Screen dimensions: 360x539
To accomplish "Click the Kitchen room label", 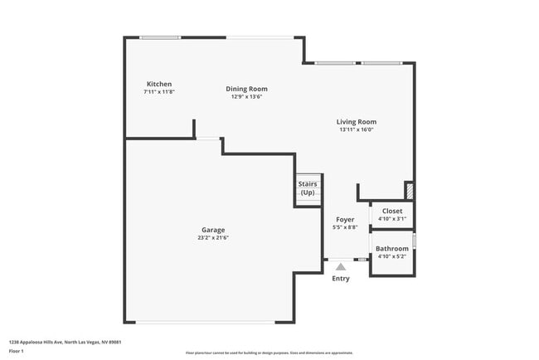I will click(159, 84).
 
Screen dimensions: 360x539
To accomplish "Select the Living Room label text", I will click(357, 122).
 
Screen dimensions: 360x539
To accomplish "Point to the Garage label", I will click(213, 230).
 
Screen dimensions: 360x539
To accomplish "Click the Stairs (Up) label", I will click(308, 188).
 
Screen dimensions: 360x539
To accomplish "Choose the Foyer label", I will click(344, 220).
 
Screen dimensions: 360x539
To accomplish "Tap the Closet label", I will click(392, 212).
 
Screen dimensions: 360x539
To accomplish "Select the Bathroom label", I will click(392, 249).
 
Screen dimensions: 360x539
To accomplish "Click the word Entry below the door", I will click(341, 279).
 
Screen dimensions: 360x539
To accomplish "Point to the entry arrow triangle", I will click(341, 267).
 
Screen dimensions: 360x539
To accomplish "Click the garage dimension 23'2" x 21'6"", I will click(213, 238).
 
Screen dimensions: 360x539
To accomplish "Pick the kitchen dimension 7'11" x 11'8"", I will click(159, 91).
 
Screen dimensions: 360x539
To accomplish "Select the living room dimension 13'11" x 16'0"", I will click(357, 129).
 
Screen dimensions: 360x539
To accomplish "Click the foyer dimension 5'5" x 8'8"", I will click(344, 227).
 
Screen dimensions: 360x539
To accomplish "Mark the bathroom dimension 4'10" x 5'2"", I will click(392, 256).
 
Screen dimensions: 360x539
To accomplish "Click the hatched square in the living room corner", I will click(409, 190).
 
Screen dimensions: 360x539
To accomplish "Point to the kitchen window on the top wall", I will click(160, 37).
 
